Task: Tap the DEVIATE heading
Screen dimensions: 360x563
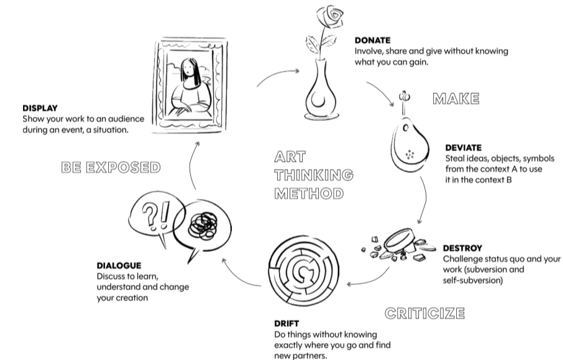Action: [x=463, y=148]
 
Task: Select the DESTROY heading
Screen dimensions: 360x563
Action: [x=462, y=248]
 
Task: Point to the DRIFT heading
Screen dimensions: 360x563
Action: [x=286, y=323]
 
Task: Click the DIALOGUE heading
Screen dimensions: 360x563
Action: [x=119, y=265]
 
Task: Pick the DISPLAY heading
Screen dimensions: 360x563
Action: [x=40, y=108]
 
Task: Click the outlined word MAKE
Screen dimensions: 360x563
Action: [x=456, y=98]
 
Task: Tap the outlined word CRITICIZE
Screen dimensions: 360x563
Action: [x=424, y=312]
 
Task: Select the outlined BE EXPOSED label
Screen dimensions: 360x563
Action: [x=111, y=167]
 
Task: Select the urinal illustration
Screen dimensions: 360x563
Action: [x=410, y=144]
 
